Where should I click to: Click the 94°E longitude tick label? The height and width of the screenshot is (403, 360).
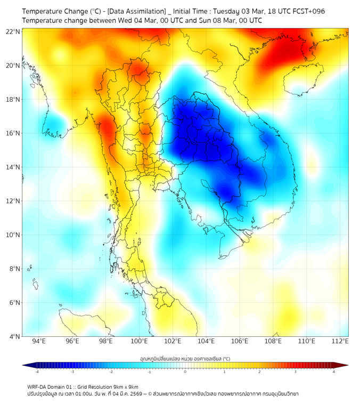[x=39, y=341]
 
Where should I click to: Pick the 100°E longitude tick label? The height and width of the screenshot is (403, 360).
[x=139, y=341]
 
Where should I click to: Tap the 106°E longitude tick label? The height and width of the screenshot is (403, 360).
[x=240, y=341]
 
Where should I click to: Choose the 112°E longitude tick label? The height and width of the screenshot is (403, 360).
[x=340, y=341]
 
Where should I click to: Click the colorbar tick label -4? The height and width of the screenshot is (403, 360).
[x=37, y=372]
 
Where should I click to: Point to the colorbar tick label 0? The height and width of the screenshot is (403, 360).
[x=185, y=372]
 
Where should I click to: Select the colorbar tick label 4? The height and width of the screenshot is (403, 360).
[x=334, y=372]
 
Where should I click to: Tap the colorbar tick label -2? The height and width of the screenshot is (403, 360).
[x=111, y=372]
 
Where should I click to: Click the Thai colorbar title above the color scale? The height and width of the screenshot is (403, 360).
[x=185, y=358]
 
